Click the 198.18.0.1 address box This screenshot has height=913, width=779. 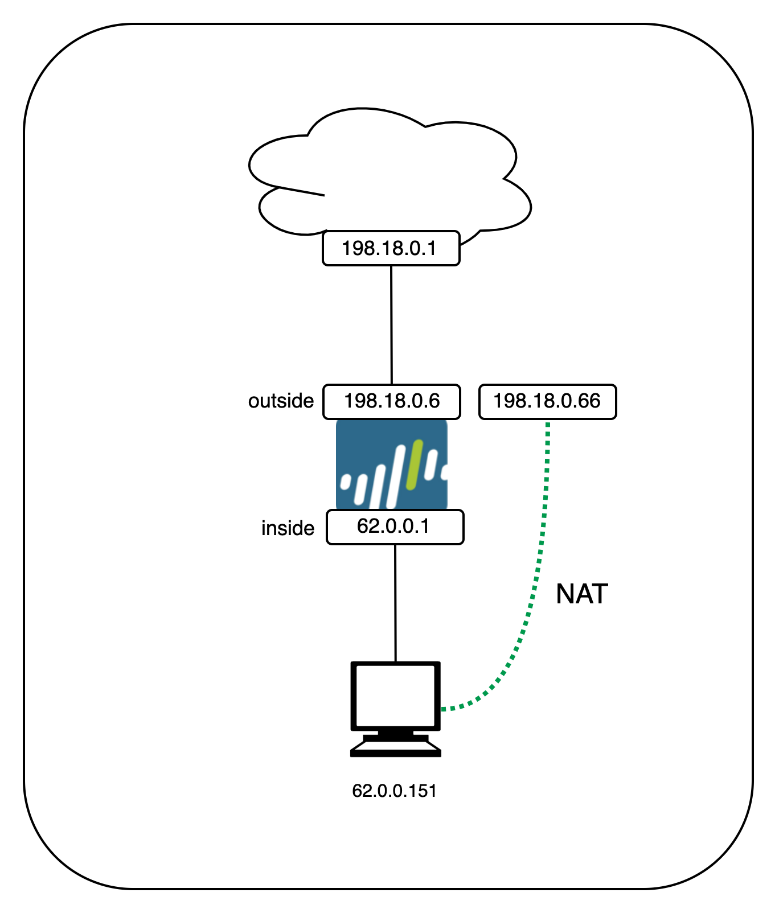click(391, 248)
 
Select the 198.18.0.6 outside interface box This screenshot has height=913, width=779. click(392, 401)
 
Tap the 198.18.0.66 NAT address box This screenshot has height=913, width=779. click(547, 401)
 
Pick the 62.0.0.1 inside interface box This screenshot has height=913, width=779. click(395, 527)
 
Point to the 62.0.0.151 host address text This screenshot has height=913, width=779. click(394, 791)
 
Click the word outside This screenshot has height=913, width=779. click(281, 401)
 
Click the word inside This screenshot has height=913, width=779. click(288, 528)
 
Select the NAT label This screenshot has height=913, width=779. click(581, 594)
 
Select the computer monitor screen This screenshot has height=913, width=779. click(396, 695)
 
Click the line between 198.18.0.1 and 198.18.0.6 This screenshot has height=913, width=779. click(391, 324)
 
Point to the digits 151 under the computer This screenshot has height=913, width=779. click(422, 791)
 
